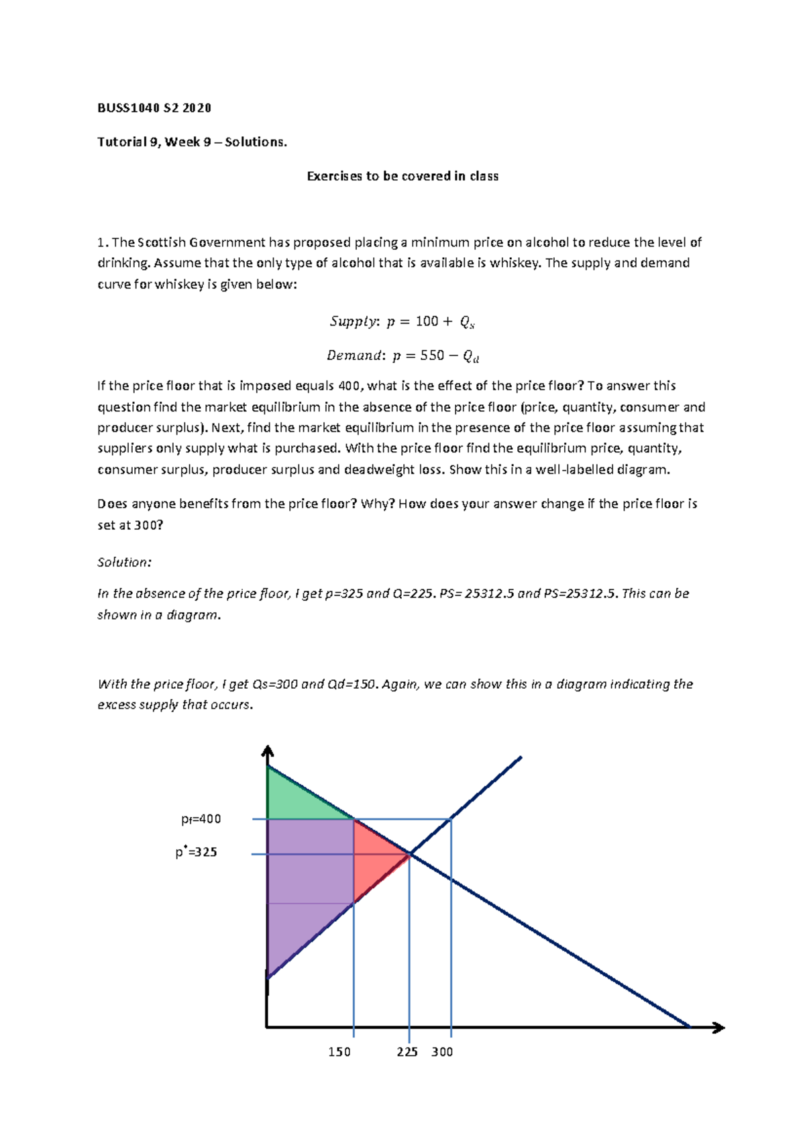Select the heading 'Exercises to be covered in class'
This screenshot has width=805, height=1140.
[x=402, y=177]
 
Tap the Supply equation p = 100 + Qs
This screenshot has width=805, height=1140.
[x=402, y=322]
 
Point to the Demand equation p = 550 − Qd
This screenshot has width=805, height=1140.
[x=402, y=356]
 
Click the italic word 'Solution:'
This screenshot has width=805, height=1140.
[x=124, y=563]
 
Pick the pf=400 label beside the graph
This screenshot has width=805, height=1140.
[x=201, y=819]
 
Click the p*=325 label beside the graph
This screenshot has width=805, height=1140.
[x=196, y=853]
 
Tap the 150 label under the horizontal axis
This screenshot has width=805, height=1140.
[x=339, y=1052]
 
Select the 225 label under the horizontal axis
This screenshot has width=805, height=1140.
[x=407, y=1052]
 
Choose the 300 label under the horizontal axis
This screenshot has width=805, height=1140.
[x=442, y=1052]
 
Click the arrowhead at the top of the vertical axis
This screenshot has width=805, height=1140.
[x=268, y=750]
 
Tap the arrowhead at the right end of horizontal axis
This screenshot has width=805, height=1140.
[x=719, y=1027]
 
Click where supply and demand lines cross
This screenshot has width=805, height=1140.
[x=410, y=854]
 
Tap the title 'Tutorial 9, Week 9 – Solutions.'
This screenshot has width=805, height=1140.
[x=192, y=142]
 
